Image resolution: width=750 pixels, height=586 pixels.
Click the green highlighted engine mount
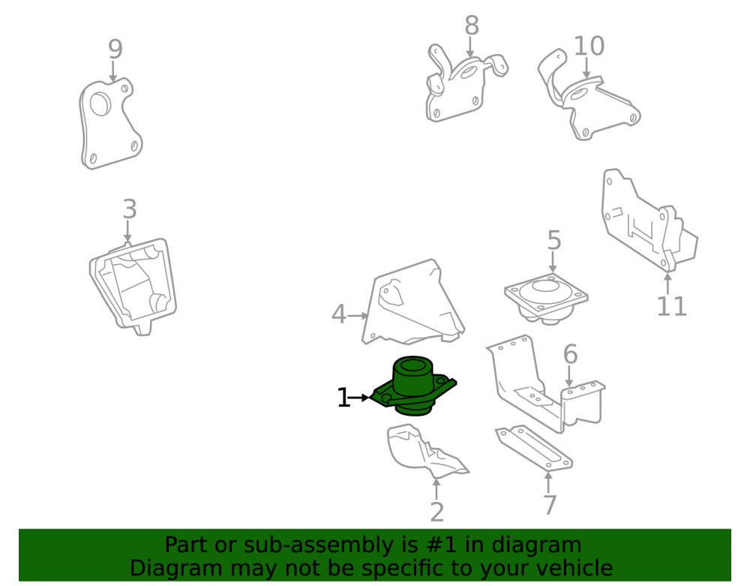tap(414, 386)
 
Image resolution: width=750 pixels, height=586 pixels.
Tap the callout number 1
tap(343, 398)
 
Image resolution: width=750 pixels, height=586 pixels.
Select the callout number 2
tap(436, 512)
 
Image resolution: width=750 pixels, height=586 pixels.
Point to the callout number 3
tap(130, 209)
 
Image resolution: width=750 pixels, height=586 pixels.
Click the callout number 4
tap(339, 315)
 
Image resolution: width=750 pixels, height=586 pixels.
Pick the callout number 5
tap(554, 240)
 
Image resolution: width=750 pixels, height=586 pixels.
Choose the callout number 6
tap(570, 354)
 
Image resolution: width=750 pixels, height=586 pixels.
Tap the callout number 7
tap(550, 505)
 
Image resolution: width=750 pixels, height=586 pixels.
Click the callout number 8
tap(472, 26)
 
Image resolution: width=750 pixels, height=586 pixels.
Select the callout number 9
tap(115, 49)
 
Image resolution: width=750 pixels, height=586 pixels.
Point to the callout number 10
tap(589, 47)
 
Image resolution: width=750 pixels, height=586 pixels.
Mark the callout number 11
tap(671, 307)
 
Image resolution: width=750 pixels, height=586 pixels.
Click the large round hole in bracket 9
tap(100, 104)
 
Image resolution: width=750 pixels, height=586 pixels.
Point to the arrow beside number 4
tap(358, 316)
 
